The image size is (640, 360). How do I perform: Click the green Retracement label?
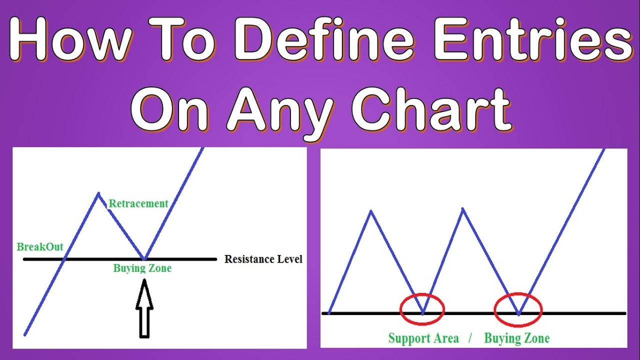[138, 203]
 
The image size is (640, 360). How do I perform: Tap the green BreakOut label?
[40, 246]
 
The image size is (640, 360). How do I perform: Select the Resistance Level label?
[263, 259]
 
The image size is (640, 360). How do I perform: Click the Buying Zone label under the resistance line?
[142, 268]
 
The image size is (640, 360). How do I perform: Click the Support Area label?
[423, 338]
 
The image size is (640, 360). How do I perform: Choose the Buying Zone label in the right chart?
[516, 338]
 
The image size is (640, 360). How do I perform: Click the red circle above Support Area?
[422, 308]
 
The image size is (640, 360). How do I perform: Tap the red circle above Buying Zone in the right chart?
[517, 308]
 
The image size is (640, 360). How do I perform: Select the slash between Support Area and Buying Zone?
[470, 338]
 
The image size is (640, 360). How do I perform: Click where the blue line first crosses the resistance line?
[64, 259]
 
